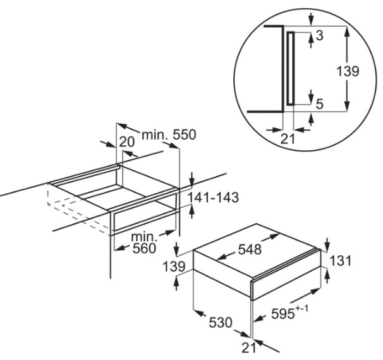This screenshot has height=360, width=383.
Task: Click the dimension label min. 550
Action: (x=169, y=135)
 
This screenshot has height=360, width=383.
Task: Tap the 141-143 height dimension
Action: (x=213, y=197)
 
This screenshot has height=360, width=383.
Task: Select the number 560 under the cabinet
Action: (x=144, y=248)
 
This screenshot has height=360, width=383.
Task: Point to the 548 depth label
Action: (x=250, y=249)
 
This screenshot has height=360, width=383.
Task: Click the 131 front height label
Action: (x=340, y=260)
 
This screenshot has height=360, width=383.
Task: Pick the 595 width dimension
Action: (x=283, y=314)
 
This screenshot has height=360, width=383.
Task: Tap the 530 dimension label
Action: (x=221, y=322)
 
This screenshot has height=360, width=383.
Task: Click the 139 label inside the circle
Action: (x=348, y=71)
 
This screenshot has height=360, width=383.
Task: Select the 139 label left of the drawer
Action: (x=174, y=267)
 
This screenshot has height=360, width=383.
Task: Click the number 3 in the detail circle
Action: (x=320, y=35)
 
